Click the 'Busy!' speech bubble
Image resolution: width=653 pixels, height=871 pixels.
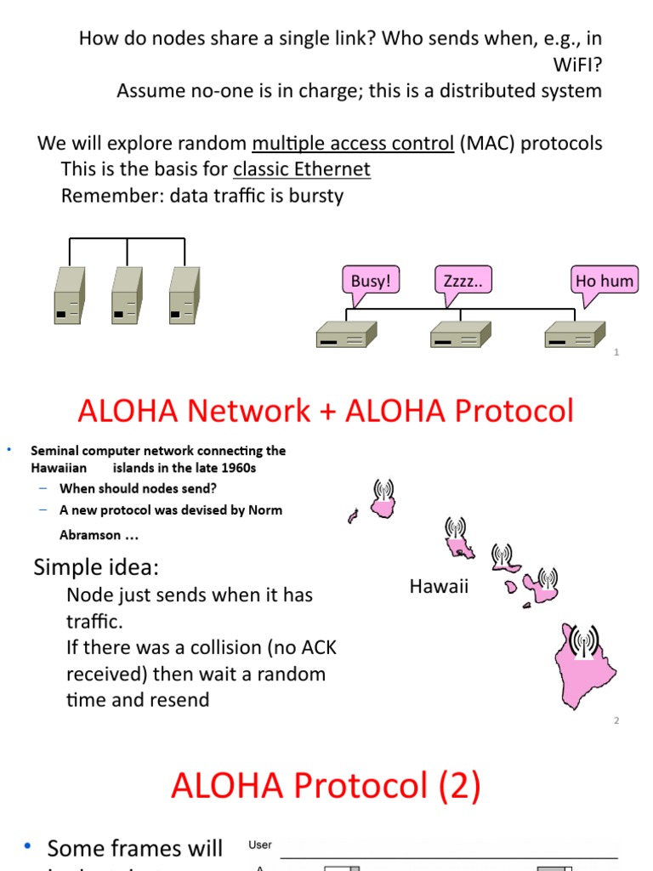[371, 281]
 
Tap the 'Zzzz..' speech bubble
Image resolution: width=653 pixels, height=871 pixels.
[463, 281]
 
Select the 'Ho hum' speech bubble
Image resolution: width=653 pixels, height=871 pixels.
[605, 281]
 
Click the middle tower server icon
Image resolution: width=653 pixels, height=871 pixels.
[127, 296]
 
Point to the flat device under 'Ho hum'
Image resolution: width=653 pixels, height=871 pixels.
[574, 335]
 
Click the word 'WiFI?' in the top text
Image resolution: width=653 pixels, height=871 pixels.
[577, 64]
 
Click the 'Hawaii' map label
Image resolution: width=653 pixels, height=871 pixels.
[439, 586]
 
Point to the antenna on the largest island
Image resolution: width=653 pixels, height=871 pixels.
[583, 640]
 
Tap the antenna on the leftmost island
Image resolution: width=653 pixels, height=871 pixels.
[383, 492]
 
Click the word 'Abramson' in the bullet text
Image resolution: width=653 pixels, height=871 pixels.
[90, 535]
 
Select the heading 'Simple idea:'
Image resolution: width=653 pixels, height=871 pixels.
[96, 567]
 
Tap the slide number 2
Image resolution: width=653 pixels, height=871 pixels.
[616, 720]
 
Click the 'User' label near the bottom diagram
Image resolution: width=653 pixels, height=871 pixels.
[260, 845]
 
